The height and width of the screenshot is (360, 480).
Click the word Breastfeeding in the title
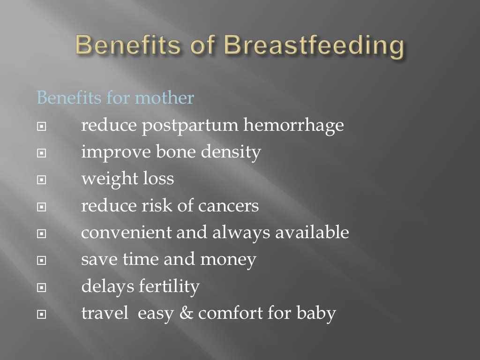click(313, 46)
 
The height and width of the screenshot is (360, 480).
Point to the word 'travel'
click(105, 314)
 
